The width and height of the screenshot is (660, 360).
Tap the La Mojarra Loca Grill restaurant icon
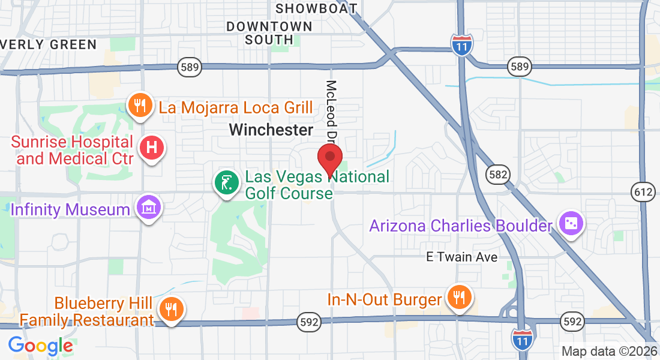pos(140,106)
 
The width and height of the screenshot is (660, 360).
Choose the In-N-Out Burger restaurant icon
pos(460,297)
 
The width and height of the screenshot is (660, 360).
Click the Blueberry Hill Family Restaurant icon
pos(172,309)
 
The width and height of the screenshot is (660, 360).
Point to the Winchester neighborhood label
pos(271,130)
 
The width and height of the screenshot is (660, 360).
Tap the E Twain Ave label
pos(461,257)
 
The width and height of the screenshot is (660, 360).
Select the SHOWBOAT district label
pos(316,8)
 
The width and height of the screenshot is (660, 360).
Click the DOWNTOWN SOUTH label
pos(269,33)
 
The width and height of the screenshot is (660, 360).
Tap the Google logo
pos(40,346)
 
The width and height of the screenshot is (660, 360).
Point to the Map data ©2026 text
pos(608,351)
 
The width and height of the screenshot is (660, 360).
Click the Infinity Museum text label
pos(70,209)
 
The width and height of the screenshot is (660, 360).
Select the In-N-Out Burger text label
pos(384,299)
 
